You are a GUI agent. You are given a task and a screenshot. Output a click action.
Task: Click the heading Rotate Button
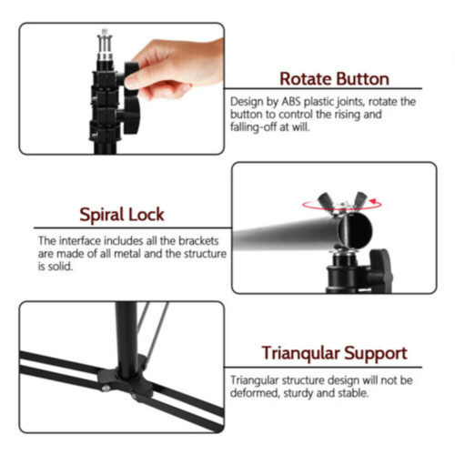pos(334,79)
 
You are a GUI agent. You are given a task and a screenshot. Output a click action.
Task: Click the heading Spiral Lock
pos(121,216)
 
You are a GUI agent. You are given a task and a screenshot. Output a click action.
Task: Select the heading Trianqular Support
pos(334,353)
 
